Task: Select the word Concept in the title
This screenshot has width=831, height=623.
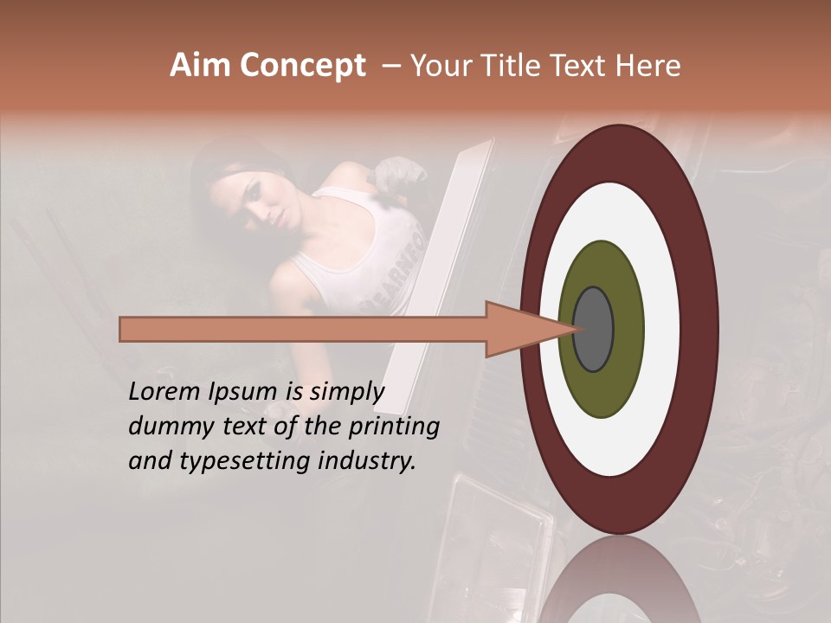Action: point(303,66)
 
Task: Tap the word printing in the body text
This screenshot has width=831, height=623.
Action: point(392,427)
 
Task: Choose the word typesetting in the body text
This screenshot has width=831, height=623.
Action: point(245,461)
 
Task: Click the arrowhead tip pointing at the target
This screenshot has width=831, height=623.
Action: point(575,329)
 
